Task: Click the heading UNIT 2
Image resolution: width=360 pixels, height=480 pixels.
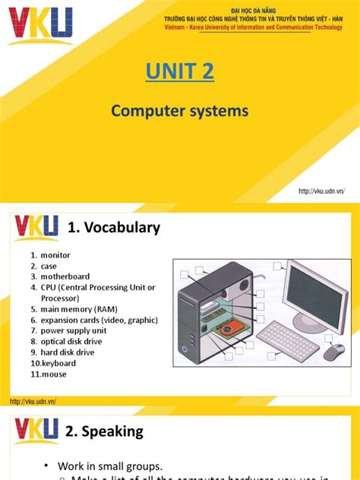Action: (179, 72)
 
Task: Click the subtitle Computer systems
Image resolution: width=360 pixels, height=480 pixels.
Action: (179, 111)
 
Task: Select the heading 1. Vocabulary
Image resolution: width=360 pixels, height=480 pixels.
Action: (114, 228)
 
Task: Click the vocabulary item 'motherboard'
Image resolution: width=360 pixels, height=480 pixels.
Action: (65, 276)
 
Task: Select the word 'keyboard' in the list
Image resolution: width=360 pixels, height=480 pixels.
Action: (58, 363)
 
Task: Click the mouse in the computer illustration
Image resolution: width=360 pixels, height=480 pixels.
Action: (334, 352)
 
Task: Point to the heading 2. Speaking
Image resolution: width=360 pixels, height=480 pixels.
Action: (106, 432)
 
